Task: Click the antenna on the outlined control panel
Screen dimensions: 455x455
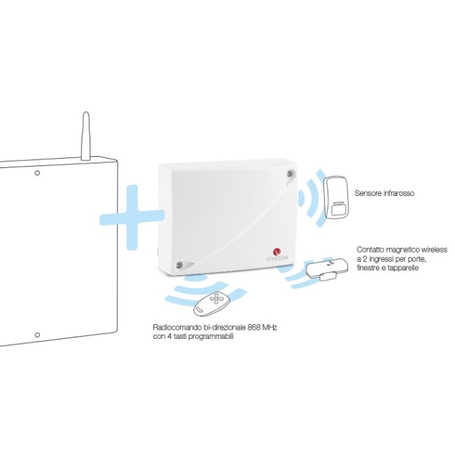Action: click(85, 136)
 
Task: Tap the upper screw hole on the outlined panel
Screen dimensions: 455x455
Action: click(37, 173)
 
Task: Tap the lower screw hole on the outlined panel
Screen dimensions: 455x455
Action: click(37, 335)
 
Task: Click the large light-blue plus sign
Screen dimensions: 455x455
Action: click(132, 217)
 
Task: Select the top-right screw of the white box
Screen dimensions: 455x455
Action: click(290, 174)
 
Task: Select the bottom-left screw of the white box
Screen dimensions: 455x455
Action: click(178, 265)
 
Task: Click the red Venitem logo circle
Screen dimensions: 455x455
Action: click(277, 251)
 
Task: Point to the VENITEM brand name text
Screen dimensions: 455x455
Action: click(276, 258)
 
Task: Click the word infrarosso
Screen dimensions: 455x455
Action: click(398, 193)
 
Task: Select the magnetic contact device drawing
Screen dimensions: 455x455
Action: click(327, 269)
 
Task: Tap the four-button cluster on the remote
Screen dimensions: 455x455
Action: click(216, 299)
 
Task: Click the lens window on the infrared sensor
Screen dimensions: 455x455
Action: click(337, 210)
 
